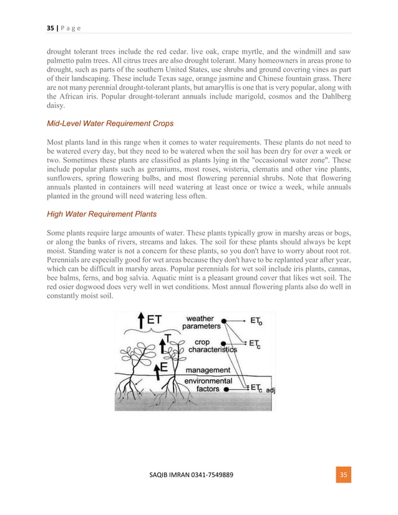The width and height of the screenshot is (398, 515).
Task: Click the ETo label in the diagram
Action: (x=256, y=321)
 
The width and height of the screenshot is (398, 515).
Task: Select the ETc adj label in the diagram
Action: (x=263, y=388)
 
